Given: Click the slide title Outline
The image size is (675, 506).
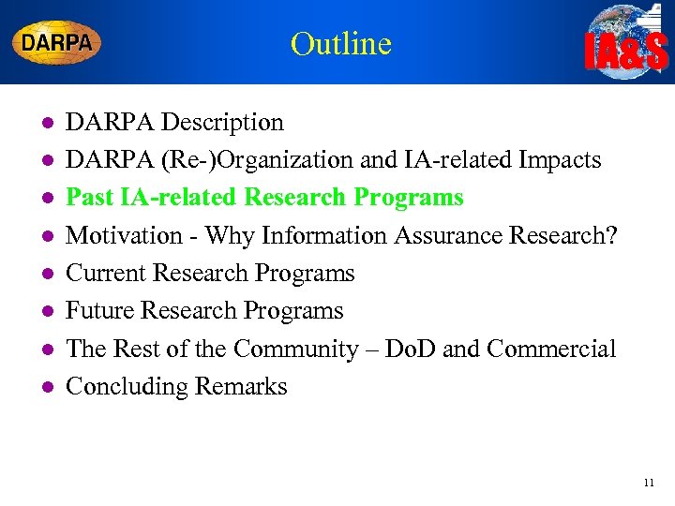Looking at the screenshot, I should pos(340,43).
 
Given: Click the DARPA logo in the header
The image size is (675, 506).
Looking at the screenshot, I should pos(57,42).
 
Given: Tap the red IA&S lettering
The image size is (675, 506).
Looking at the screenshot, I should pos(626,53).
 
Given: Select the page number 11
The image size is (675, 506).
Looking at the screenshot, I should pos(649,484).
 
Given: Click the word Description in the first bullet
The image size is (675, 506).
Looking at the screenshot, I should pos(222,122).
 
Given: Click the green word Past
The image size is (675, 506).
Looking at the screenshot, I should pos(90,198).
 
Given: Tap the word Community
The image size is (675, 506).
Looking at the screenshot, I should pos(297,350).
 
